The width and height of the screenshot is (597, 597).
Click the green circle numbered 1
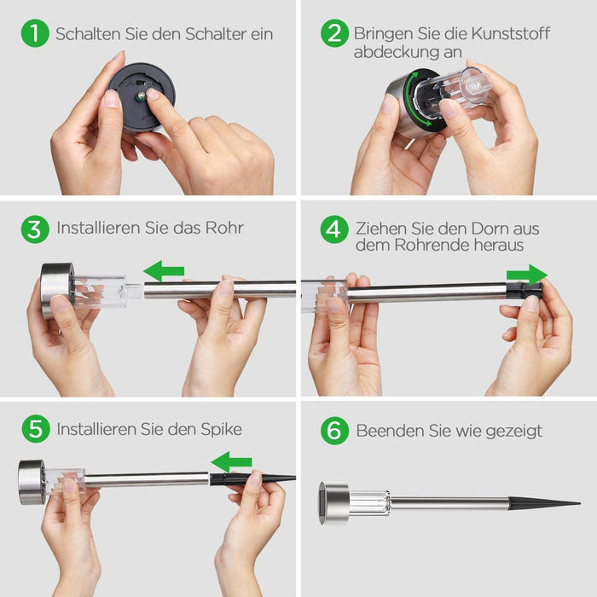[x=35, y=33]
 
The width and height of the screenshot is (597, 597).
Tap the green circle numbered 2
[x=334, y=33]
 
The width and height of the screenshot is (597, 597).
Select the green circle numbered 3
[x=35, y=229]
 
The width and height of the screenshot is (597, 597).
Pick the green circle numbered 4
[x=334, y=229]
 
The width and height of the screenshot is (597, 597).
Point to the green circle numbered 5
[x=35, y=429]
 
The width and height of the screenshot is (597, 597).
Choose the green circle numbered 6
[x=334, y=431]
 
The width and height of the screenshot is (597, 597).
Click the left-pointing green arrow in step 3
[x=164, y=272]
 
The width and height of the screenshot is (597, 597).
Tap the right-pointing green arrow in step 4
[x=526, y=275]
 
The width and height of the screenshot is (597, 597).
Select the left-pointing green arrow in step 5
[x=231, y=462]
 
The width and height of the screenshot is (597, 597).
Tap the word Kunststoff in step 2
[x=507, y=34]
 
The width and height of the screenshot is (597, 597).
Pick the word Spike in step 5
[x=221, y=429]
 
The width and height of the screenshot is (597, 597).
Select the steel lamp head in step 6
[x=334, y=502]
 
